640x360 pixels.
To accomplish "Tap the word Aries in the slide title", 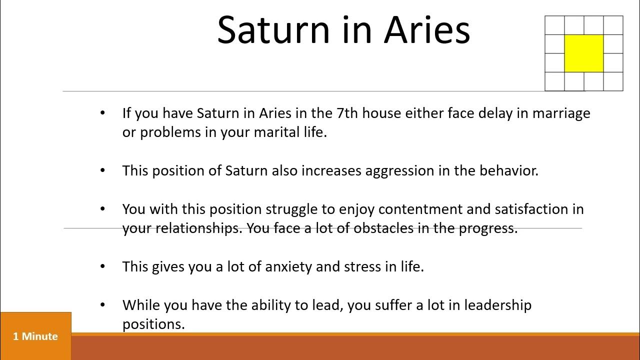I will coord(427,30).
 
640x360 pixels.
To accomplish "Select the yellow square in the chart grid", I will coord(583,53).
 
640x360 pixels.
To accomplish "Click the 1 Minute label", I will coord(35,336).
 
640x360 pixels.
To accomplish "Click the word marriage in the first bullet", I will coord(561,113).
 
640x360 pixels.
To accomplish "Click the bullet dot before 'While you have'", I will coord(103,304).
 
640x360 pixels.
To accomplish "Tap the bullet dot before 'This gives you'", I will coord(103,266).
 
